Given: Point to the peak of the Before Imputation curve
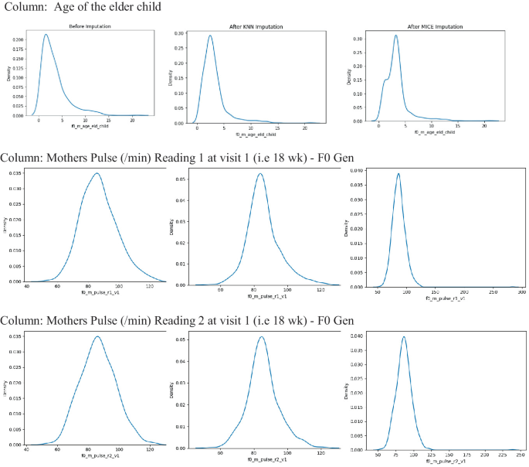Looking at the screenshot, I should (x=46, y=35).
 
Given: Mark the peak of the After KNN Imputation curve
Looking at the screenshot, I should (x=209, y=35).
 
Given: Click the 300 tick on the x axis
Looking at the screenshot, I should (x=521, y=293).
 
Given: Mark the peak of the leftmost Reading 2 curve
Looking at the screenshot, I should (x=97, y=336).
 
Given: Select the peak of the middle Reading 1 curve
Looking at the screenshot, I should (x=259, y=173).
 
